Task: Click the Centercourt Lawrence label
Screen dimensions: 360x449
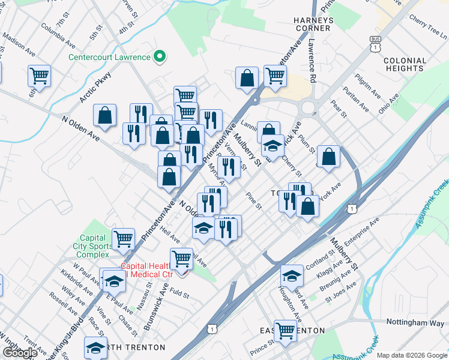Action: tap(109, 58)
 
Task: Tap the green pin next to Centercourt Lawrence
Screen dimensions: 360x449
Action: tap(160, 58)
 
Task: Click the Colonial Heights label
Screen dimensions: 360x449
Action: tap(405, 65)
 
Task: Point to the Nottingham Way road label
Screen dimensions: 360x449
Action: tap(415, 322)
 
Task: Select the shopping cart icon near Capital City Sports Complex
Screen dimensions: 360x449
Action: tap(123, 238)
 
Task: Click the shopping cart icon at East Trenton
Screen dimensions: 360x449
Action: tap(285, 329)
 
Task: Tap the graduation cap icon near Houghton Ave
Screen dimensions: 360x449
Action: tap(292, 275)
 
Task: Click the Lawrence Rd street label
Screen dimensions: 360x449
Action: tap(312, 62)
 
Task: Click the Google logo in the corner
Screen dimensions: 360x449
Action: tap(19, 353)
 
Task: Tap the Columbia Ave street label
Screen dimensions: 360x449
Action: tap(58, 36)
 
